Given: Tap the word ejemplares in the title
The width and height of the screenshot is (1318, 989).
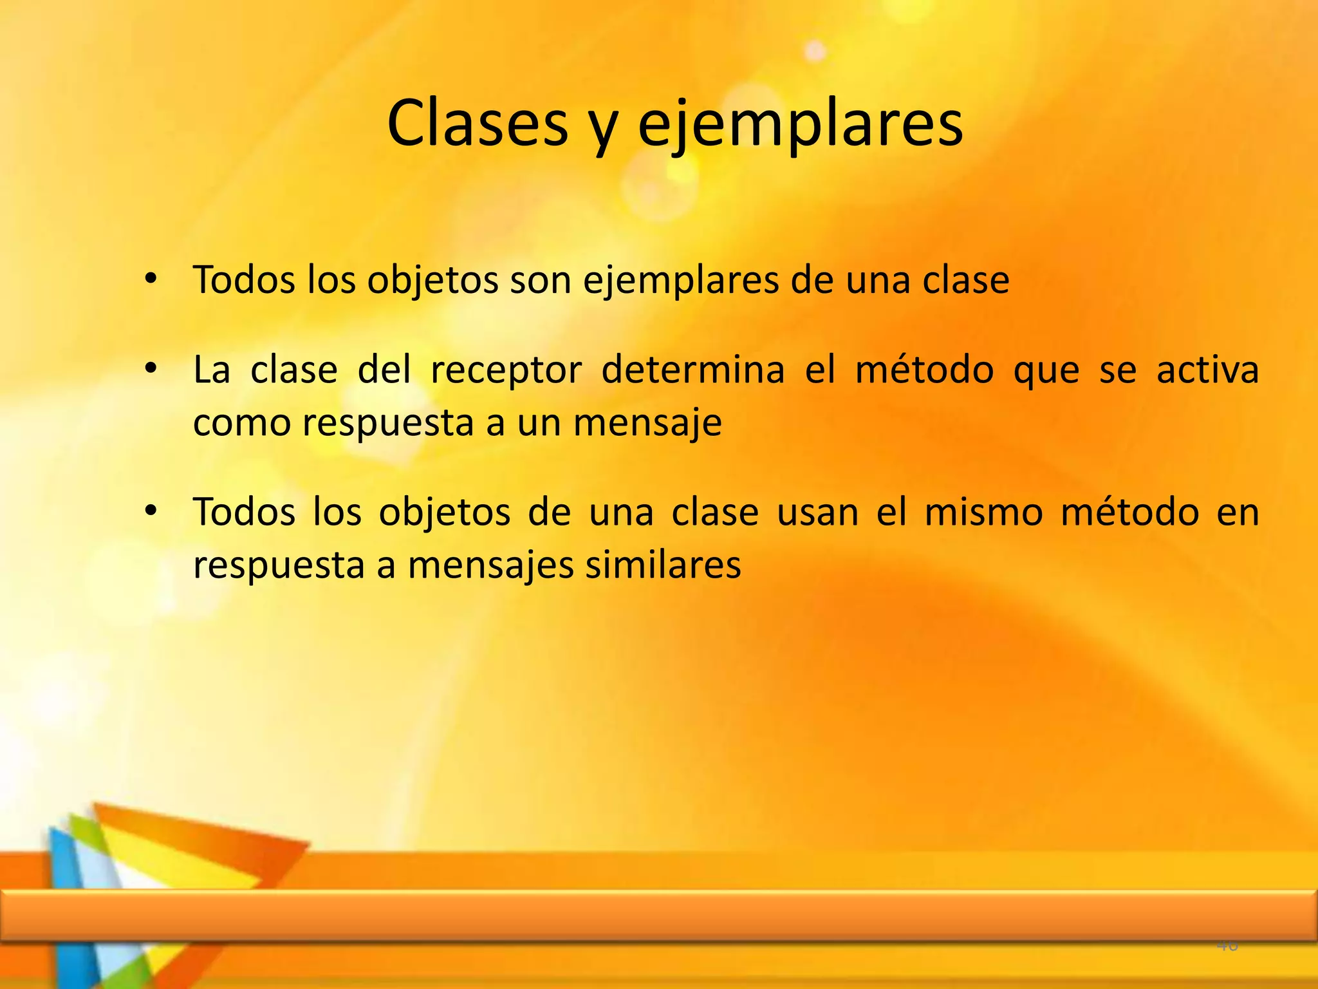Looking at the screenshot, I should [x=800, y=124].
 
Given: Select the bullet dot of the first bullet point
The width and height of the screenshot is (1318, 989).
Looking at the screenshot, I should [x=151, y=279].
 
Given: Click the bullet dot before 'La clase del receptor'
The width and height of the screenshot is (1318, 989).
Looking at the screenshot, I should [x=151, y=369].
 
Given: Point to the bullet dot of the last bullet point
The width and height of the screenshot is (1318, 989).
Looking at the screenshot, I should [x=151, y=511].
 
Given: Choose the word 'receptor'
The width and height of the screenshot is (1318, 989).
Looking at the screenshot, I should [x=506, y=372].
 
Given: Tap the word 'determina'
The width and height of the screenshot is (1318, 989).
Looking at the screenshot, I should [x=692, y=370].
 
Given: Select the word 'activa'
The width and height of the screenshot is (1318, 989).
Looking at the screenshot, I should [x=1207, y=370].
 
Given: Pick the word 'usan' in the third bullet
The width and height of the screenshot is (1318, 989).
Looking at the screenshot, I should [x=817, y=513].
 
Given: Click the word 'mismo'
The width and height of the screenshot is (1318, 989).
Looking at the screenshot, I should [x=983, y=513].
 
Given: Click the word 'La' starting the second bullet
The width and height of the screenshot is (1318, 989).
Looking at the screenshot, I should [x=212, y=370].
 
